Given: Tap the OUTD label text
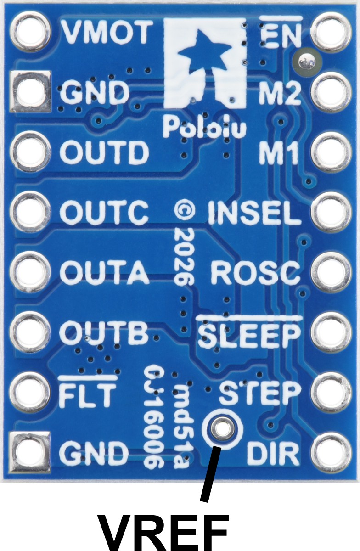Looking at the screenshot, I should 105,152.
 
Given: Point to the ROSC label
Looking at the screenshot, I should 255,274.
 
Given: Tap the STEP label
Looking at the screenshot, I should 260,393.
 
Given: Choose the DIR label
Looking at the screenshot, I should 273,454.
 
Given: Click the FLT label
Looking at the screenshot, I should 88,393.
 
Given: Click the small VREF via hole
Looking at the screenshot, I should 222,429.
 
